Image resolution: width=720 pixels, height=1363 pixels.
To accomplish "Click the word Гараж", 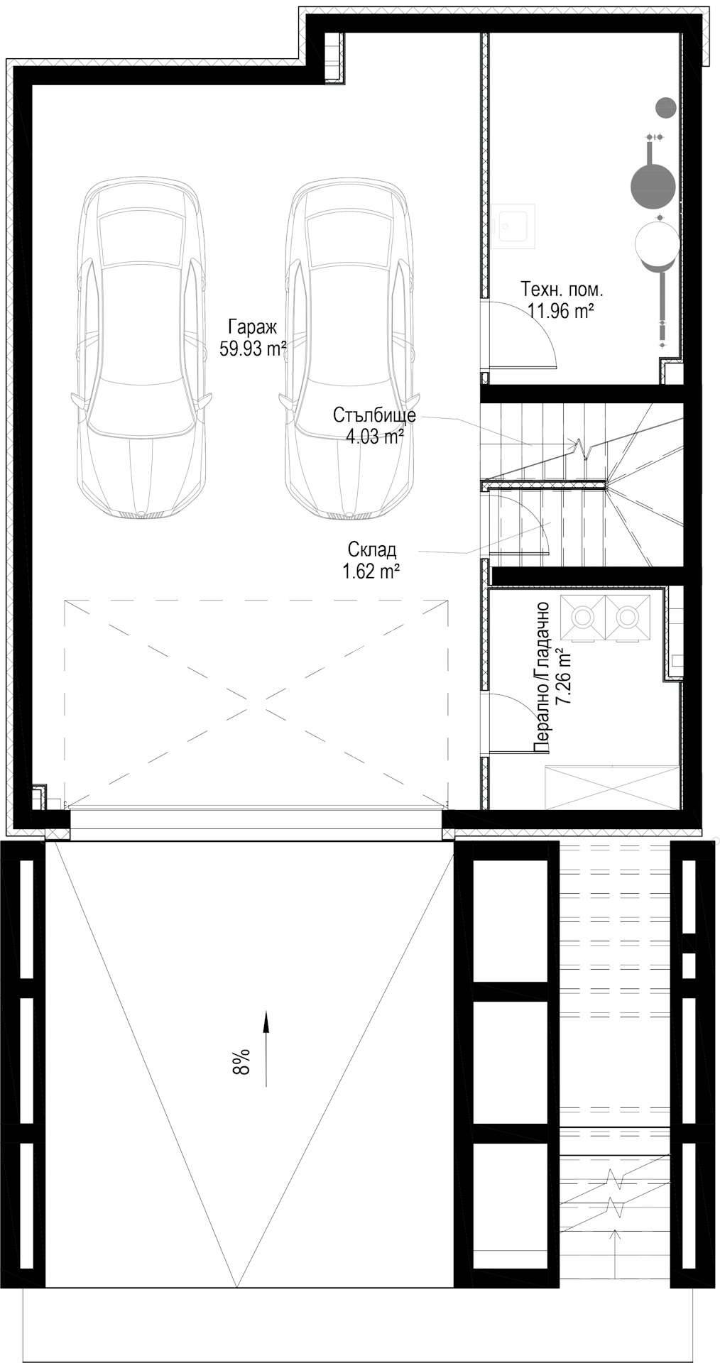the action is [252, 327].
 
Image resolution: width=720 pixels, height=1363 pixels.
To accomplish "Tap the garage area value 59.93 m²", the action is [253, 349].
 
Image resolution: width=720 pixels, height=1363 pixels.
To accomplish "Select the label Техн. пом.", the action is [562, 290].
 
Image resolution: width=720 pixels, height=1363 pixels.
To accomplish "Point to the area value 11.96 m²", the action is [561, 310].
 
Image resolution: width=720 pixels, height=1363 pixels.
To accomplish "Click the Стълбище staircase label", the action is [374, 415].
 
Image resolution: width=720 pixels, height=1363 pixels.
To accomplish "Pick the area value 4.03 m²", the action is [375, 436].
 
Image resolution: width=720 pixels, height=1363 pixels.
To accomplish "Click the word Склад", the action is [372, 549].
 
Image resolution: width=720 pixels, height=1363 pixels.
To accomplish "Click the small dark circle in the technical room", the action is [665, 107].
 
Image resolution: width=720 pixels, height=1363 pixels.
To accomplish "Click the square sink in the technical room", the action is [516, 226].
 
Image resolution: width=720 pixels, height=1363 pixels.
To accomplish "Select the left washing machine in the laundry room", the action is [584, 619].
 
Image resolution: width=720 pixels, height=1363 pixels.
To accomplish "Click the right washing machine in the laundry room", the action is [628, 619].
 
